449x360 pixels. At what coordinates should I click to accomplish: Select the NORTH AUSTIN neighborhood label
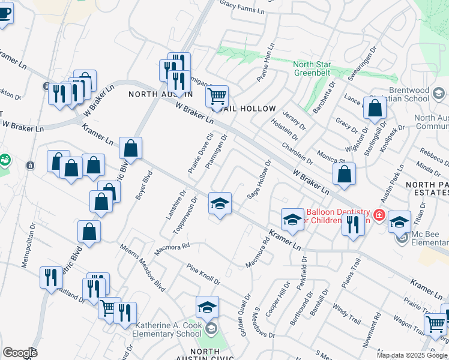[160, 94]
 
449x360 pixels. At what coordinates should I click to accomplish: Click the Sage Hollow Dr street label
[260, 179]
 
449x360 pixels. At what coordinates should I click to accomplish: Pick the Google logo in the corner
[20, 353]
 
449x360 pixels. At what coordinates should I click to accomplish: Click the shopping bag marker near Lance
[375, 109]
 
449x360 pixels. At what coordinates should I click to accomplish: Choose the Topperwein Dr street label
[185, 216]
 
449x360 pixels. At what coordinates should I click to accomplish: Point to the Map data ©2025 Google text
[412, 355]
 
